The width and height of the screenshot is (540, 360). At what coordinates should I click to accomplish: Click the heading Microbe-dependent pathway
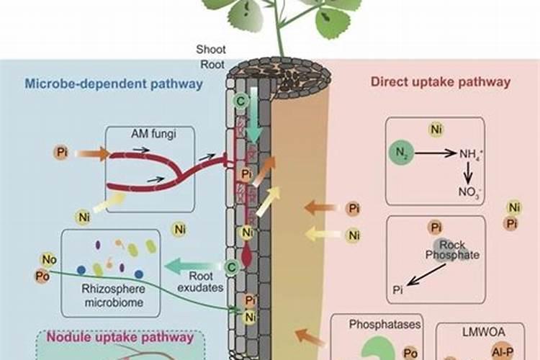[x=114, y=84]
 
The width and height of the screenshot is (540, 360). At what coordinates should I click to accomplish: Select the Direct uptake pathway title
[x=441, y=81]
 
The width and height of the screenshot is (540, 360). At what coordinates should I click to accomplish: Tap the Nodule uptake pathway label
[x=120, y=336]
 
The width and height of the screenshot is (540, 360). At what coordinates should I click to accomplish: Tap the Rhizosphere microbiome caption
[x=111, y=297]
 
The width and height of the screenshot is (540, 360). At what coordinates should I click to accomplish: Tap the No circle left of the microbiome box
[x=48, y=261]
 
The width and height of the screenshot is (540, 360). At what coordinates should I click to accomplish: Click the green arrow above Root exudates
[x=184, y=266]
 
